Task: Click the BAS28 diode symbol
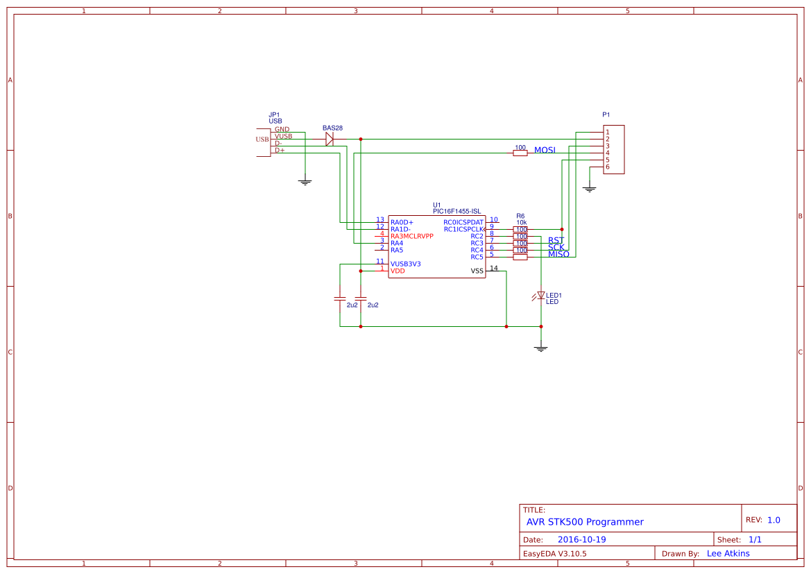pyautogui.click(x=330, y=139)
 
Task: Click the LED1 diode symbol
pyautogui.click(x=541, y=296)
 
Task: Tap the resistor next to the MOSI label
pyautogui.click(x=520, y=153)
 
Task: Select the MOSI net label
pyautogui.click(x=545, y=151)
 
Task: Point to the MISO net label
pyautogui.click(x=558, y=254)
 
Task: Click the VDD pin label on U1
pyautogui.click(x=398, y=271)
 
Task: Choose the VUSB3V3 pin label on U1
pyautogui.click(x=406, y=264)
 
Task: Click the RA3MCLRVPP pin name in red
pyautogui.click(x=412, y=236)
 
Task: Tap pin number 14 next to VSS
pyautogui.click(x=493, y=268)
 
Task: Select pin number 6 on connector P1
pyautogui.click(x=607, y=167)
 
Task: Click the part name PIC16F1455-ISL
pyautogui.click(x=456, y=211)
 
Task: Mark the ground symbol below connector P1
pyautogui.click(x=590, y=188)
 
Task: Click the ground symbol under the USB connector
pyautogui.click(x=305, y=182)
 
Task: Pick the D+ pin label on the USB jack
pyautogui.click(x=280, y=150)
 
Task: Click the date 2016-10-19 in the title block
pyautogui.click(x=581, y=539)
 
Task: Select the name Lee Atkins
pyautogui.click(x=728, y=554)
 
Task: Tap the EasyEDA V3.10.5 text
pyautogui.click(x=554, y=554)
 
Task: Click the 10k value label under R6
pyautogui.click(x=521, y=222)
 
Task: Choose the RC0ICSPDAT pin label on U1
pyautogui.click(x=463, y=222)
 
